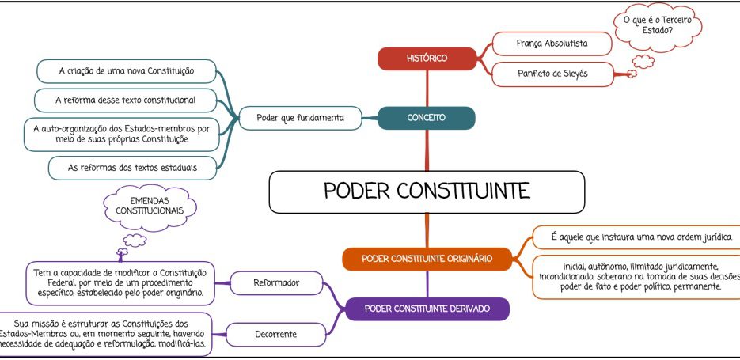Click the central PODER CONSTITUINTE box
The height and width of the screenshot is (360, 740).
point(427,192)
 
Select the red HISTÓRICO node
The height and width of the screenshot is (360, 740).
point(427,59)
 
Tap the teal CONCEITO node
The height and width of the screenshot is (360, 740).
point(426,118)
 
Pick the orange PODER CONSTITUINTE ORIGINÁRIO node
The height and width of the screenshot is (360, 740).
point(427,259)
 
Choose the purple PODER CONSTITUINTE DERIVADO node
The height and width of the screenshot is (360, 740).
point(427,309)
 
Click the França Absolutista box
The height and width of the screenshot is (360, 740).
point(552,44)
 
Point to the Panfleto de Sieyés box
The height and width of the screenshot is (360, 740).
point(552,74)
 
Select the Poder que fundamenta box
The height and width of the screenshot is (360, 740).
point(300,118)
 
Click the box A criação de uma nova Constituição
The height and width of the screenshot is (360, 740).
point(127,71)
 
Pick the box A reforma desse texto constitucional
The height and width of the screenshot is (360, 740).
point(126,100)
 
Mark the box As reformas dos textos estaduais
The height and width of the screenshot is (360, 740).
point(133,168)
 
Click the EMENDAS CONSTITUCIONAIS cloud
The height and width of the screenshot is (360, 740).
point(150,207)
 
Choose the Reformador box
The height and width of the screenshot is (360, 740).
point(276,283)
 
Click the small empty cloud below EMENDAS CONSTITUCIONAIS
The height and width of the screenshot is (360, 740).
point(135,241)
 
